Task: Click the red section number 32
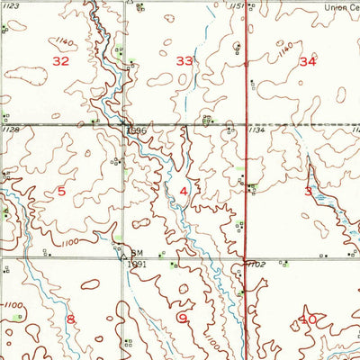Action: pyautogui.click(x=61, y=61)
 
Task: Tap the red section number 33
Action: pyautogui.click(x=184, y=61)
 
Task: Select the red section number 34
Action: pyautogui.click(x=308, y=62)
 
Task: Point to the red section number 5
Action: pyautogui.click(x=61, y=191)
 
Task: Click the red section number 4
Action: pyautogui.click(x=184, y=192)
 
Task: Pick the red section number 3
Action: pyautogui.click(x=308, y=191)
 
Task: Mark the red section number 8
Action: pyautogui.click(x=70, y=319)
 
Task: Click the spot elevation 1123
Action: pyautogui.click(x=10, y=5)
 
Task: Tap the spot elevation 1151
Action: pyautogui.click(x=236, y=6)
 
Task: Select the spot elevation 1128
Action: pyautogui.click(x=11, y=129)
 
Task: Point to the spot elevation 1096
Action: pyautogui.click(x=135, y=131)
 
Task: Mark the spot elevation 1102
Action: pyautogui.click(x=258, y=265)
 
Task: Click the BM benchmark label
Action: pyautogui.click(x=137, y=253)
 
